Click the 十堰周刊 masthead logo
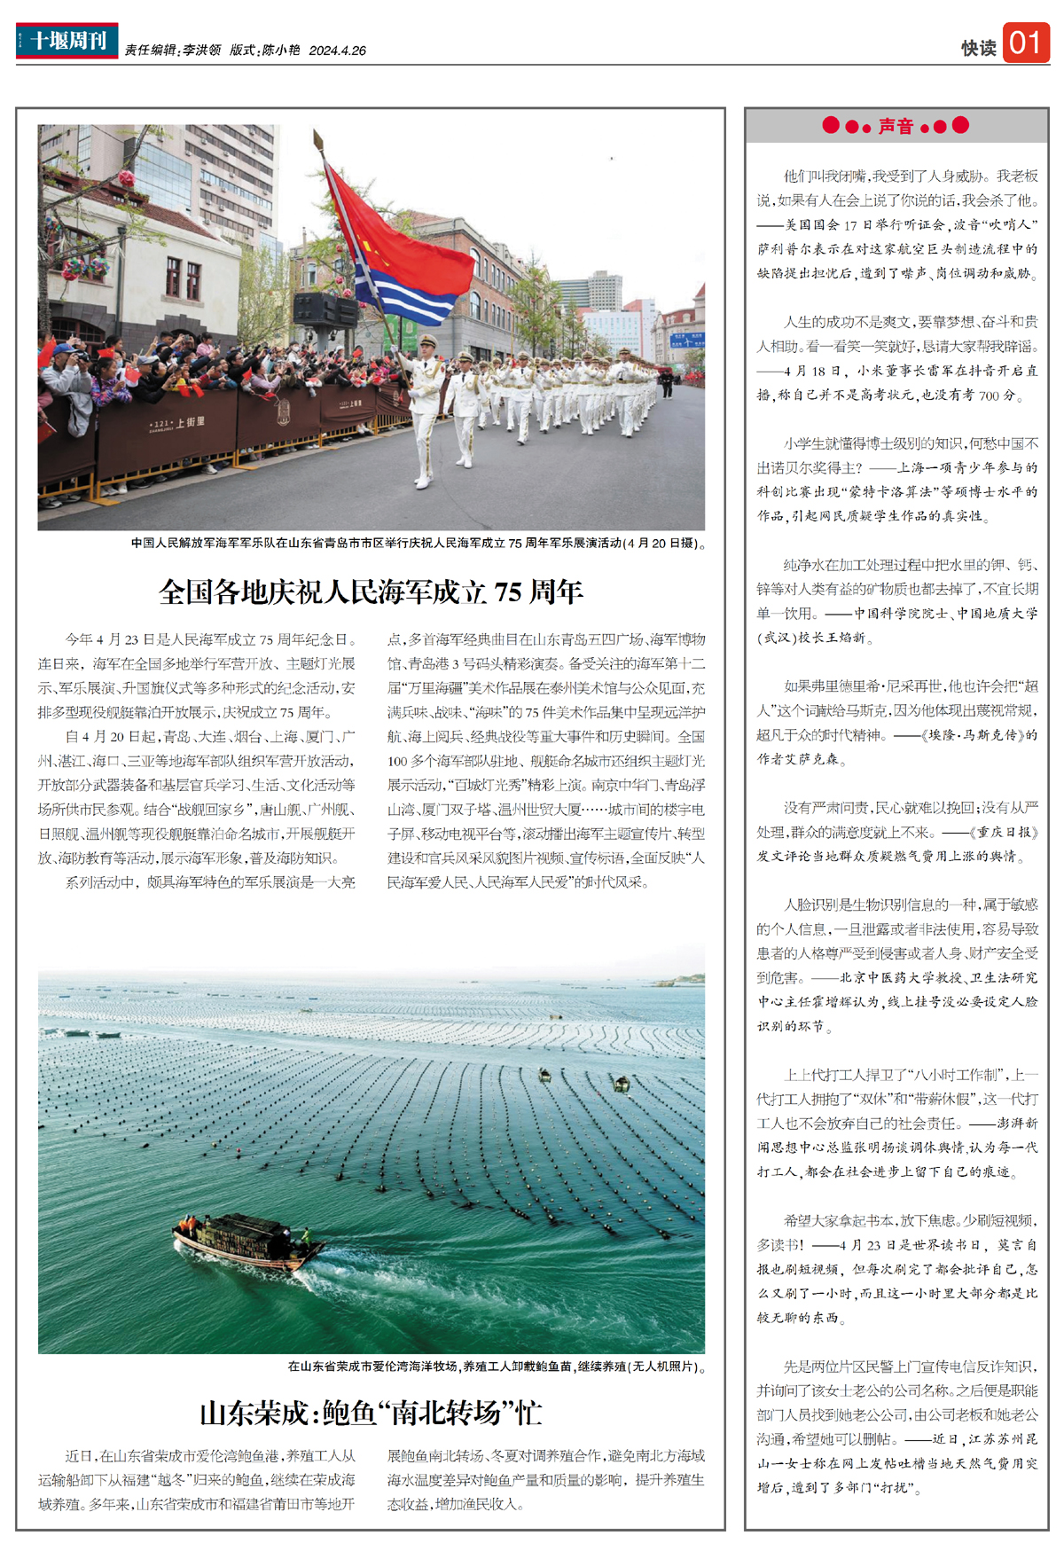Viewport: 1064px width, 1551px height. (66, 41)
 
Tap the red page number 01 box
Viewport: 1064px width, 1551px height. (1026, 43)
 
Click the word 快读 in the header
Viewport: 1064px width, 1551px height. (978, 48)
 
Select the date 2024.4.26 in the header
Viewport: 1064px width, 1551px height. (338, 51)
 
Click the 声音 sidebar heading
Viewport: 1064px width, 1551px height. (896, 126)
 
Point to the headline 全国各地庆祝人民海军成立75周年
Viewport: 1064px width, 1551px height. (371, 591)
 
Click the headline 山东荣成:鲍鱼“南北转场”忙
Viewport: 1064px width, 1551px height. (371, 1413)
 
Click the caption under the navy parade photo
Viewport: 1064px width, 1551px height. (418, 543)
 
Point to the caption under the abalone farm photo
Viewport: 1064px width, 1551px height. (496, 1367)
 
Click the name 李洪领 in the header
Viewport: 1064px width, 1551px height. (202, 51)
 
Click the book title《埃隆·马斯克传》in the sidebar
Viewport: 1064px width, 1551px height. (972, 735)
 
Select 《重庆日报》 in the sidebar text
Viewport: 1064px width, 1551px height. (1004, 833)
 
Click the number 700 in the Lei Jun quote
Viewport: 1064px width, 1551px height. (990, 396)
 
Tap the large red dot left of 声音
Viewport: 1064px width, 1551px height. (831, 125)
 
